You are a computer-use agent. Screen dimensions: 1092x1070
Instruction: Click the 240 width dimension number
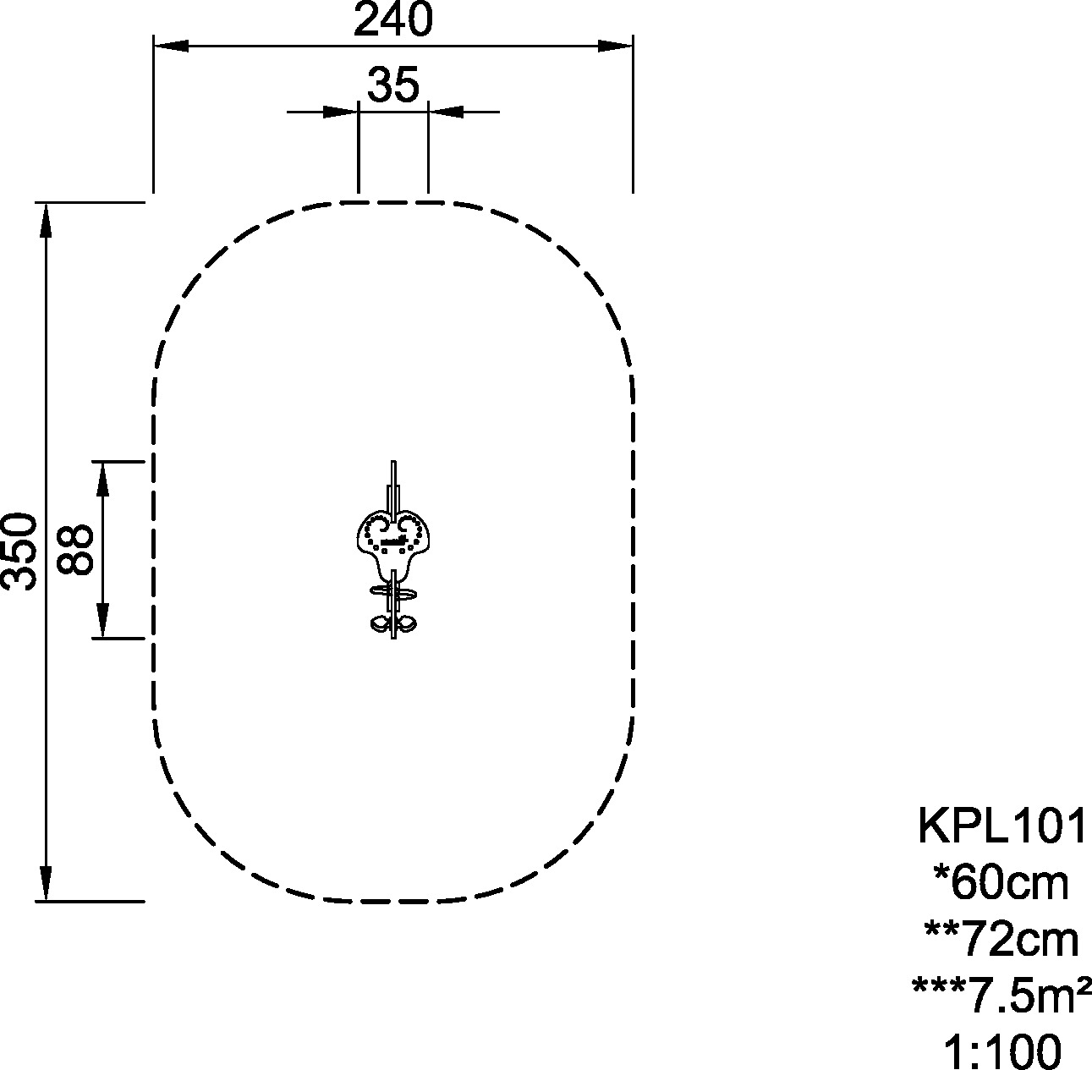coord(393,19)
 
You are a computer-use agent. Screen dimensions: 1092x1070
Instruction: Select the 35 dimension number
coord(393,85)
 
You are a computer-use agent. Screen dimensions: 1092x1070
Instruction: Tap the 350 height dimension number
coord(19,551)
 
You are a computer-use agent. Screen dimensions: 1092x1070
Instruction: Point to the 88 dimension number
coord(74,550)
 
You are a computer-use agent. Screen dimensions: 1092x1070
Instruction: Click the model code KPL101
coord(1001,826)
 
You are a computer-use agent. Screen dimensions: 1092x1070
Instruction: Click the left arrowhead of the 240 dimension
coord(171,46)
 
